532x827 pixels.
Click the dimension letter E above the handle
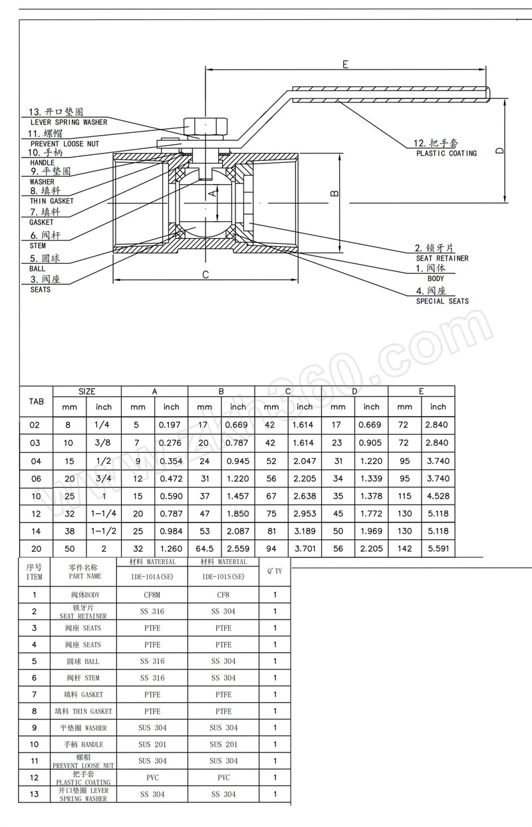pyautogui.click(x=345, y=64)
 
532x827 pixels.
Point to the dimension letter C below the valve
pyautogui.click(x=205, y=274)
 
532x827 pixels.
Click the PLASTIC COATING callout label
pyautogui.click(x=446, y=154)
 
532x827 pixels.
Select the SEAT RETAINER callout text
pyautogui.click(x=442, y=258)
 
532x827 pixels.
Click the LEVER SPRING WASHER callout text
pyautogui.click(x=68, y=122)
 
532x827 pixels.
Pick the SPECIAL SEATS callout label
pyautogui.click(x=442, y=301)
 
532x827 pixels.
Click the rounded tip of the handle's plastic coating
pyautogui.click(x=488, y=95)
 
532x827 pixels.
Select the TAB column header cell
pyautogui.click(x=36, y=401)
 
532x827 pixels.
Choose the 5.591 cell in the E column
pyautogui.click(x=438, y=548)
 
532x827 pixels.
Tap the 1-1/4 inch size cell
pyautogui.click(x=104, y=513)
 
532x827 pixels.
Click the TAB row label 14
pyautogui.click(x=36, y=531)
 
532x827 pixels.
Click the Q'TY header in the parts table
pyautogui.click(x=275, y=571)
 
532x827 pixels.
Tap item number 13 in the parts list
pyautogui.click(x=35, y=794)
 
